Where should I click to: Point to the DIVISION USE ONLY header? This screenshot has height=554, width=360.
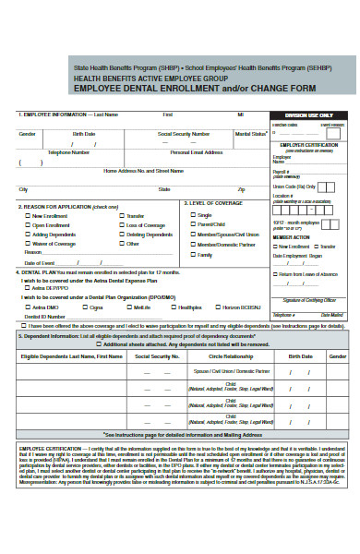pos(309,114)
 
